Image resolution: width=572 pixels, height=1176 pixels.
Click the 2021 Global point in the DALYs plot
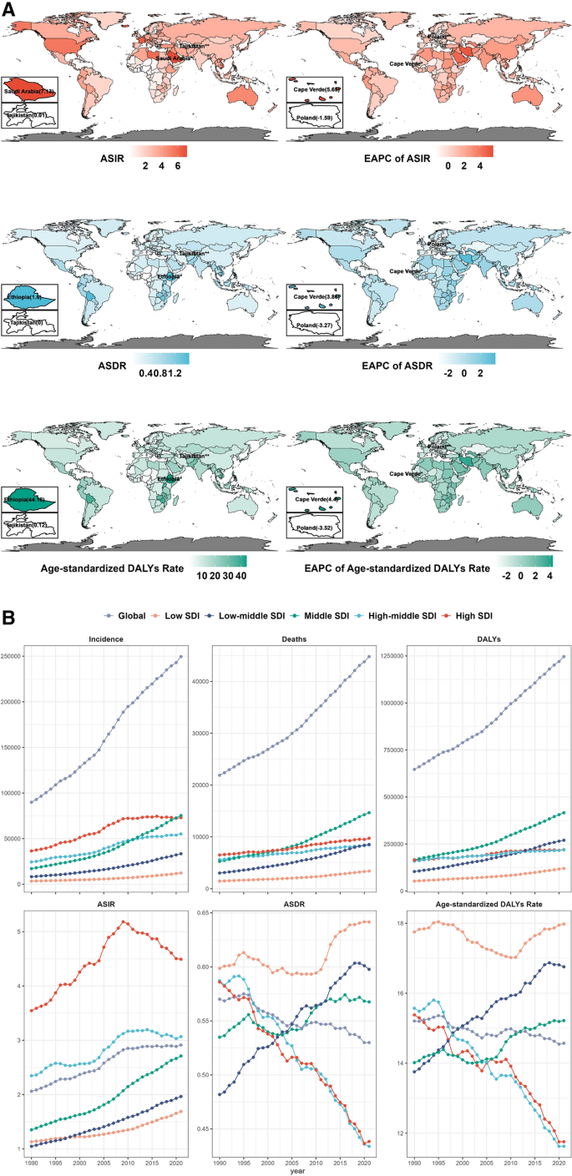pos(564,656)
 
